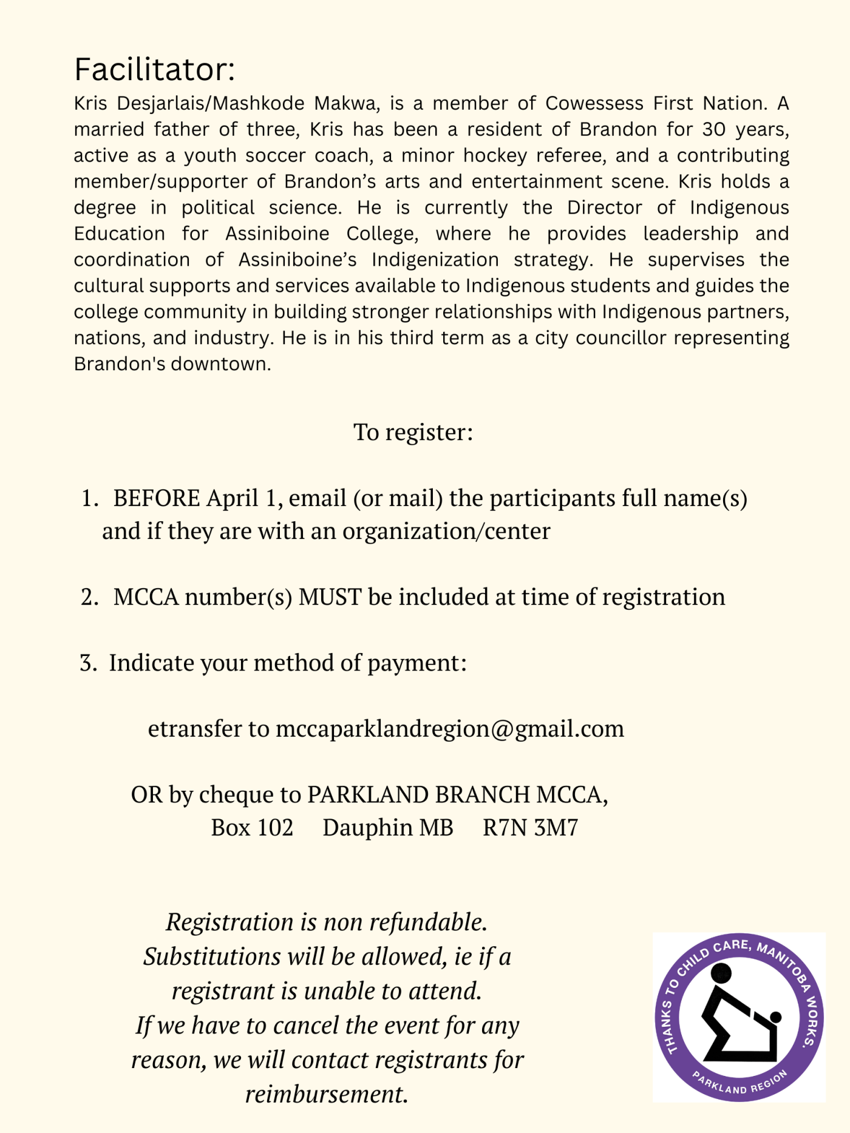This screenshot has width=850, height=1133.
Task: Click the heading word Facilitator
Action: pyautogui.click(x=154, y=69)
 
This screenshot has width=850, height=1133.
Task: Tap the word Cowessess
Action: pyautogui.click(x=594, y=104)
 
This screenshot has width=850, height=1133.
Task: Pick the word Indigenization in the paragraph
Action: pyautogui.click(x=435, y=260)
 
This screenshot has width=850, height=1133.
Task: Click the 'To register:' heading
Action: pyautogui.click(x=413, y=432)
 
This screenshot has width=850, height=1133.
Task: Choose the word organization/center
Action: pyautogui.click(x=446, y=532)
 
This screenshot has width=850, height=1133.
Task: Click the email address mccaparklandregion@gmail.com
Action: pyautogui.click(x=450, y=729)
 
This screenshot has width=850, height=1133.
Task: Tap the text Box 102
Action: pyautogui.click(x=252, y=828)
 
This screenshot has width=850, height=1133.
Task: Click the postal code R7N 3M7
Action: pyautogui.click(x=530, y=828)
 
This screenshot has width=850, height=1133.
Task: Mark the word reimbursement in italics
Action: pyautogui.click(x=326, y=1094)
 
